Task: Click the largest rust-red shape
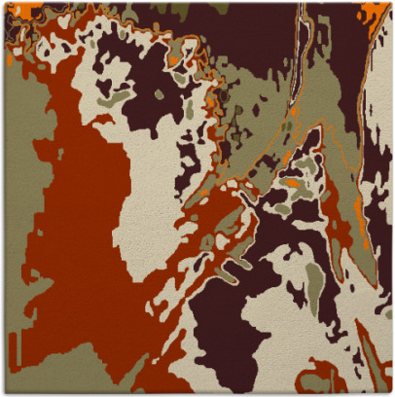[78, 243]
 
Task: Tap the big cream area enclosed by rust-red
[146, 175]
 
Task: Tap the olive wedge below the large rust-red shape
[97, 375]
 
